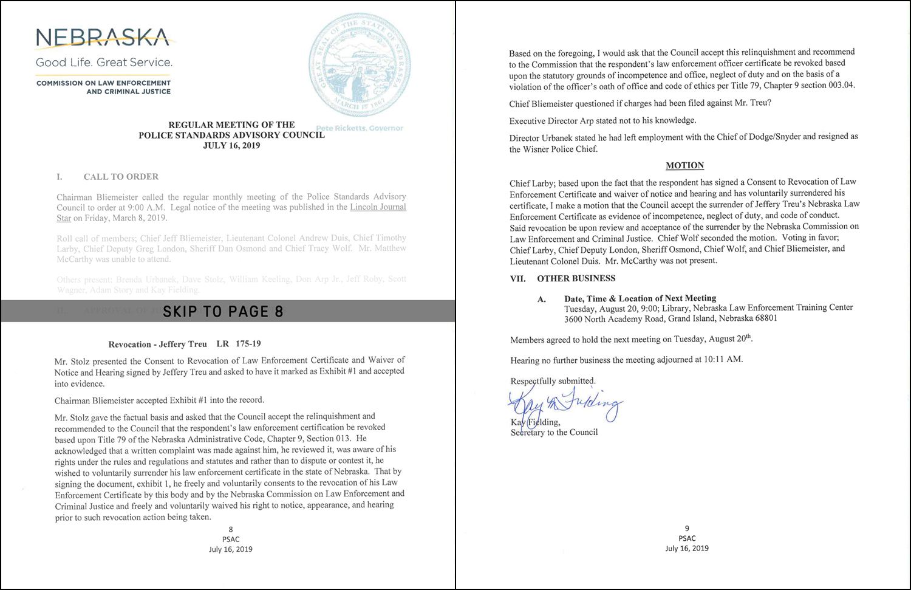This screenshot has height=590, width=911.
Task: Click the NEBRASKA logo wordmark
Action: click(x=103, y=37)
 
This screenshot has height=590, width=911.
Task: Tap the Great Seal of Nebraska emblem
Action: click(x=360, y=63)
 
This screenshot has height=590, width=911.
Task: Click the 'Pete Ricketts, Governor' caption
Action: click(x=360, y=128)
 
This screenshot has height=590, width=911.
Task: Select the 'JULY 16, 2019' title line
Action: click(x=231, y=146)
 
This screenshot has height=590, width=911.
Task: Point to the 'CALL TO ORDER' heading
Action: click(x=121, y=177)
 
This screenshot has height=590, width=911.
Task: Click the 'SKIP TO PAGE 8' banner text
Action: click(x=223, y=311)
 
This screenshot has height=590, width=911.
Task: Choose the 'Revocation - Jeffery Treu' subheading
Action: click(x=158, y=344)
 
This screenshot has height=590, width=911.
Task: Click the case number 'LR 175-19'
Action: click(x=239, y=344)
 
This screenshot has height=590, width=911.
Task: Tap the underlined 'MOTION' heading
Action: click(x=684, y=165)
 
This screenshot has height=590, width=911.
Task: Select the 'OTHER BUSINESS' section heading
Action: click(x=576, y=278)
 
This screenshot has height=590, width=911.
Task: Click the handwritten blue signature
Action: click(x=565, y=403)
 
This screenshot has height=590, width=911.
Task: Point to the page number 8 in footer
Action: click(x=231, y=529)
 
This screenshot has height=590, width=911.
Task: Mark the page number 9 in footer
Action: click(x=687, y=529)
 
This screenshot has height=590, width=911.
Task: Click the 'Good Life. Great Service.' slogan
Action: click(x=104, y=62)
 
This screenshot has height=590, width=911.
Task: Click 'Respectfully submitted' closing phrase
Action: click(x=553, y=381)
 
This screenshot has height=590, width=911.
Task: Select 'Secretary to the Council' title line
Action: click(x=554, y=432)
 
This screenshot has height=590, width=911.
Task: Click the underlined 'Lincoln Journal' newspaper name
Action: click(x=378, y=207)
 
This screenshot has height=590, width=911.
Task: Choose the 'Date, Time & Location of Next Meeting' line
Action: click(x=640, y=298)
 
